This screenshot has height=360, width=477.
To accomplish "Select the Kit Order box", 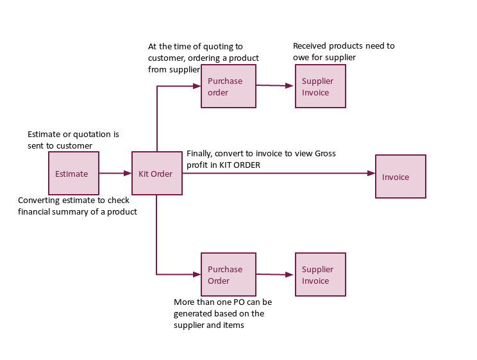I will (156, 173).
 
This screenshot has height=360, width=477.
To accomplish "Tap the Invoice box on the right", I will (400, 177).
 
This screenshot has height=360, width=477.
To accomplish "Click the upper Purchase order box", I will (228, 86).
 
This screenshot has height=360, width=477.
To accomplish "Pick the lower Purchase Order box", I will (228, 274).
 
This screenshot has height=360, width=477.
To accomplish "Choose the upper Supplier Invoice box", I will (321, 86).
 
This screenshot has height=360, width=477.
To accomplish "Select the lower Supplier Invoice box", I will (321, 274).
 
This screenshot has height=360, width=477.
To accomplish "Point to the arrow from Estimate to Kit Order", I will (115, 173).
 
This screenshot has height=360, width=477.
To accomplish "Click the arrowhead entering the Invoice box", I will (371, 173).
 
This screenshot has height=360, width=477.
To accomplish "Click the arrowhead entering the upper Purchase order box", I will (197, 86).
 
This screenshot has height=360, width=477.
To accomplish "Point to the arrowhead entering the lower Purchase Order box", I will (197, 274).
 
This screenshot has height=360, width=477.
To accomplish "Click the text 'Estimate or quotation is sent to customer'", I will (73, 140).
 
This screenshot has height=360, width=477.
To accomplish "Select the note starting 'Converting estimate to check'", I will (77, 206).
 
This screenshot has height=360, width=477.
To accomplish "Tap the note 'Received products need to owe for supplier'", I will (344, 52).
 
